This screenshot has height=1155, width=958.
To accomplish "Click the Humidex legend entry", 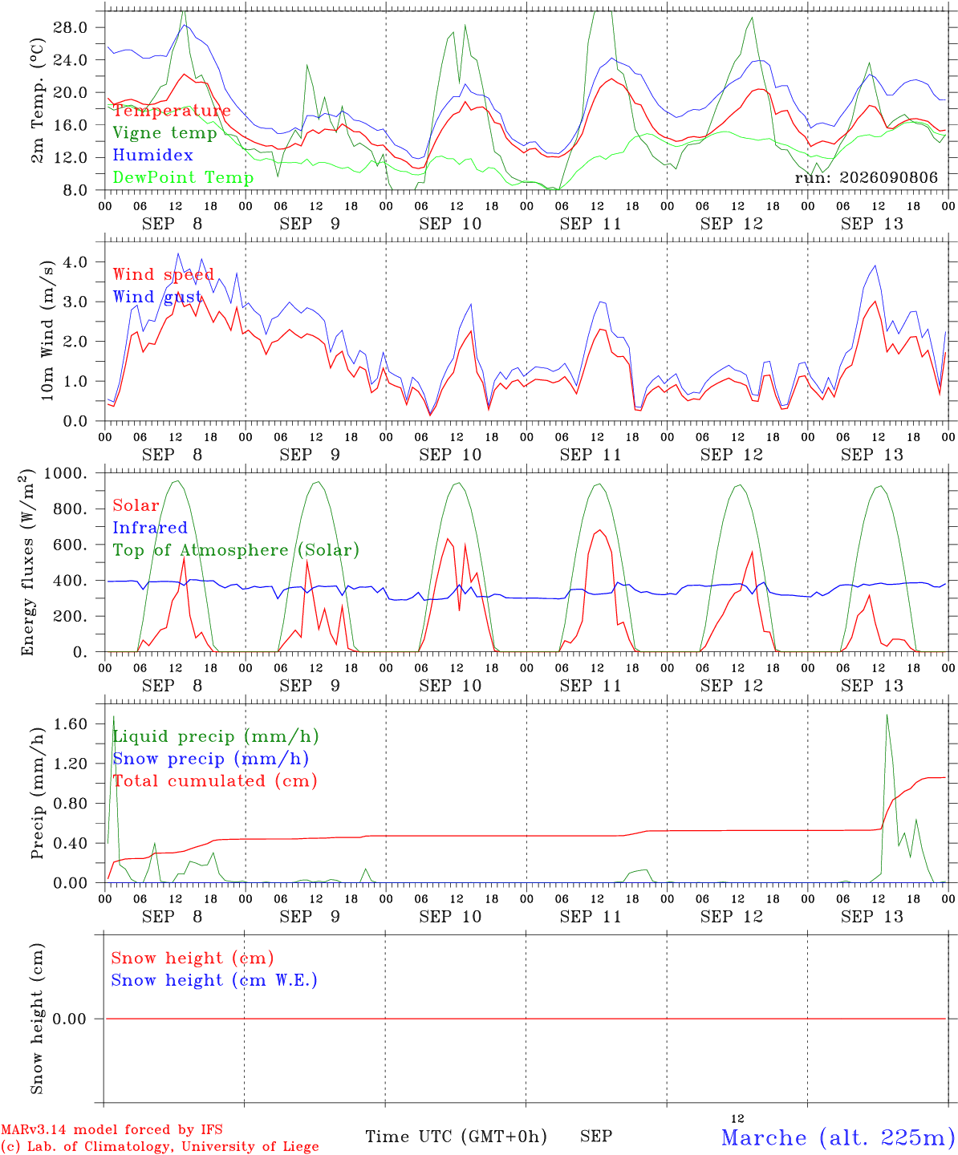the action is click(x=152, y=155).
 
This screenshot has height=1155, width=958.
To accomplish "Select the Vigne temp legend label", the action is click(x=164, y=133).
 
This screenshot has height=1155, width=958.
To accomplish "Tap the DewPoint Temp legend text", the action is click(x=183, y=177).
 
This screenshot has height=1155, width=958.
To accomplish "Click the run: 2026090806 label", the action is click(x=866, y=177).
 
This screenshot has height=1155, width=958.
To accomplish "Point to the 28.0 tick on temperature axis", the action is click(x=71, y=27).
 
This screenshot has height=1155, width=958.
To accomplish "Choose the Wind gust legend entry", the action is click(x=157, y=297).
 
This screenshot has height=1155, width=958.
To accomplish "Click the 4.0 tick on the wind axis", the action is click(x=75, y=261).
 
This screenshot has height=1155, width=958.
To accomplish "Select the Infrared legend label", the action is click(x=150, y=528).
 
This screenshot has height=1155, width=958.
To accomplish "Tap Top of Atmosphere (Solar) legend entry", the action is click(x=237, y=550).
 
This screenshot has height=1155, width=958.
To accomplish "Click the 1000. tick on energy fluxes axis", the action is click(x=66, y=473).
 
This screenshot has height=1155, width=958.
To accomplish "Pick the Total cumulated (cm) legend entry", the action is click(x=215, y=780).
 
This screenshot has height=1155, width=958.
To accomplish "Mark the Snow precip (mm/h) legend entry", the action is click(x=210, y=759).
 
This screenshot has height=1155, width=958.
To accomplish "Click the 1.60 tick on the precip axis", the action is click(x=71, y=723).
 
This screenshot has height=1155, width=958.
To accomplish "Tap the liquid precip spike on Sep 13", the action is click(x=887, y=715).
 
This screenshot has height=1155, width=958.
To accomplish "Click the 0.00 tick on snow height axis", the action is click(x=69, y=1019).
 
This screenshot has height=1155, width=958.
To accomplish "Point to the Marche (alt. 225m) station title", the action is click(x=838, y=1137).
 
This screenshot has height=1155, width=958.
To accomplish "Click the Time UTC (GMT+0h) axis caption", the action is click(x=456, y=1137).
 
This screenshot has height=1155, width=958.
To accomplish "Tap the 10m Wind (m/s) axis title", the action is click(x=47, y=330).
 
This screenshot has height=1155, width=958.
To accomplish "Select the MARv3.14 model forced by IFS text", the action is click(x=112, y=1129).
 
